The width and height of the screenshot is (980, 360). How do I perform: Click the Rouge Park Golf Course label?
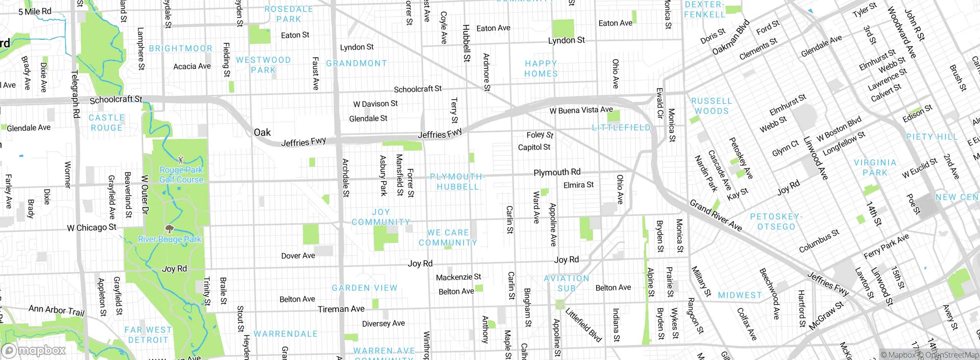coord(181,175)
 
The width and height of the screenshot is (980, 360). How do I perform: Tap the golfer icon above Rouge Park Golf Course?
coord(181,159)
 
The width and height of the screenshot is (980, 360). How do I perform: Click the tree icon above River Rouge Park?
coord(169,229)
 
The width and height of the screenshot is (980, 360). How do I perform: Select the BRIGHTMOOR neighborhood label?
coord(180,49)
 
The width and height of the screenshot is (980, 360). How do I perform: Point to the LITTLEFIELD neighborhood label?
coord(621,128)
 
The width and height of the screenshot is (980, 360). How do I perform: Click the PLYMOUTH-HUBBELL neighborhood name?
coord(458,182)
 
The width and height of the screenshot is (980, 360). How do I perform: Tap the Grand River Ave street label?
coord(715,215)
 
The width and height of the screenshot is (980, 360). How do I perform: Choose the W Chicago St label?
coord(91,227)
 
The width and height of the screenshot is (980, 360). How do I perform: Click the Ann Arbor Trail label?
coord(56,310)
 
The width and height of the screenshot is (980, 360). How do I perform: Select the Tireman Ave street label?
coord(341,309)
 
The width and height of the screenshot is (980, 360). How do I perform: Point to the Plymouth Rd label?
coord(557,172)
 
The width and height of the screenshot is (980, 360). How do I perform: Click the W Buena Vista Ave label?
coord(581,110)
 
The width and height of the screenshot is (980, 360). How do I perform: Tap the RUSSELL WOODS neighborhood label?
coord(711,106)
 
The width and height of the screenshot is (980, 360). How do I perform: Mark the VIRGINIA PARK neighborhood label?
coord(875,167)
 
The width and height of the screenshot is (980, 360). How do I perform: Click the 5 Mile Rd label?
coord(35,11)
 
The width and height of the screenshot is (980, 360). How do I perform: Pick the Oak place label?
coord(262,133)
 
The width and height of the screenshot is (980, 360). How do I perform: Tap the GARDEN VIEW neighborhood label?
coord(364,288)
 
